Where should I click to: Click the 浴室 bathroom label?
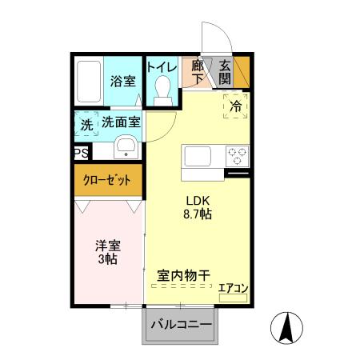click(x=123, y=81)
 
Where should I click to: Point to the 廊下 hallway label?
click(x=198, y=72)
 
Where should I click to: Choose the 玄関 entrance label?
click(x=225, y=72)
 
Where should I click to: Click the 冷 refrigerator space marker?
click(x=235, y=105)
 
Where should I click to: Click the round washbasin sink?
click(x=126, y=147)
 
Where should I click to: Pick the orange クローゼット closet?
click(x=108, y=179)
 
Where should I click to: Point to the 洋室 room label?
click(x=108, y=246)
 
